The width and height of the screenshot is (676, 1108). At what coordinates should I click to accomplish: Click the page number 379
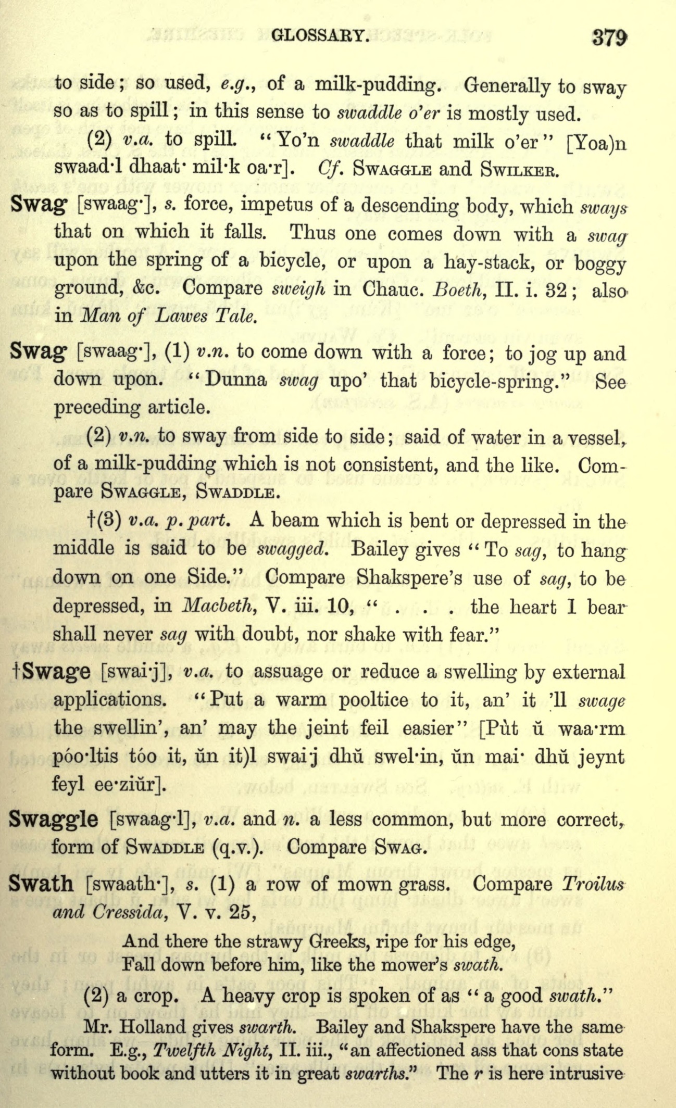click(x=609, y=37)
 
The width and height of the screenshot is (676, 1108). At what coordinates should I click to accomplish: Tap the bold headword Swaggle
click(x=54, y=819)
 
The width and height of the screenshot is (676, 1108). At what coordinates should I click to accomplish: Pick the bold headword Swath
click(x=42, y=884)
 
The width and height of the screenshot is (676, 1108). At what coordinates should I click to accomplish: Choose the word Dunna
click(x=236, y=380)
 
